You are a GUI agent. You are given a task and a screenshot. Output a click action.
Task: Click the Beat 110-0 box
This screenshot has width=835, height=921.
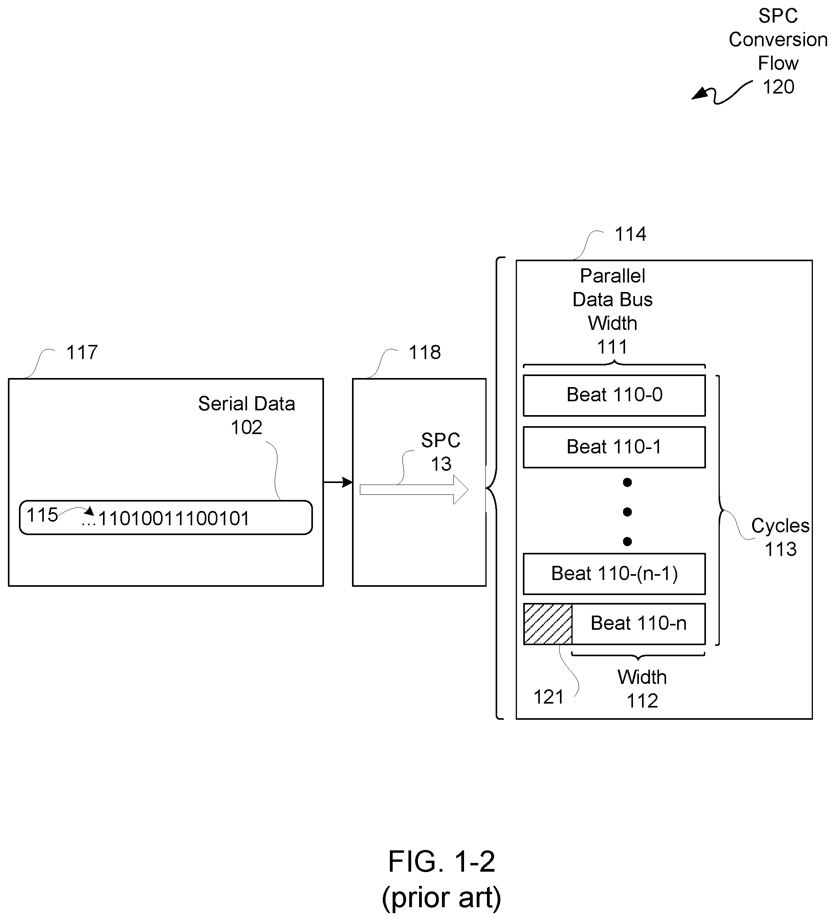pos(614,396)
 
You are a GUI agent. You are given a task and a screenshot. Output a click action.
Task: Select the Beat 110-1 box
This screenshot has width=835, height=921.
pos(614,447)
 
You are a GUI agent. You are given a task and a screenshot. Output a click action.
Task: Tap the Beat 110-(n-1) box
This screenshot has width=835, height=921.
pos(614,574)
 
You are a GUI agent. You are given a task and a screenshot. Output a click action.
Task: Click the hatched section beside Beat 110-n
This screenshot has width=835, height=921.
pos(548,624)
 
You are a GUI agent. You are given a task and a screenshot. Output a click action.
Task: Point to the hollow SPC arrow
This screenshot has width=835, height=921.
pos(414,490)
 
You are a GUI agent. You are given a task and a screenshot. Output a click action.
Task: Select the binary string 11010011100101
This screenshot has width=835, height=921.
pos(174,519)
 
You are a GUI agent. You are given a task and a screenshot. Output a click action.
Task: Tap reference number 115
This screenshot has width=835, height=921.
pos(42,515)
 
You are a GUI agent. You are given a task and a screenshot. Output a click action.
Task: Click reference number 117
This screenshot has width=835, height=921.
pos(82,353)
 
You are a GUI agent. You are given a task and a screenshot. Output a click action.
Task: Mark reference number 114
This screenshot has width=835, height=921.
pos(630,234)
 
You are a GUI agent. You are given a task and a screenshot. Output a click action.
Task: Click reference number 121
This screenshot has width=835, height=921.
pos(549,697)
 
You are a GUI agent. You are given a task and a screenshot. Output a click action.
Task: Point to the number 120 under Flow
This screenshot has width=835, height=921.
pos(778,87)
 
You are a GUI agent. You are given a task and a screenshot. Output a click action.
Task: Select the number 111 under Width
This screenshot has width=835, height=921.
pos(612,347)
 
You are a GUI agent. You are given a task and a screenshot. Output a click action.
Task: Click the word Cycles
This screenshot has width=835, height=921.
pos(780,526)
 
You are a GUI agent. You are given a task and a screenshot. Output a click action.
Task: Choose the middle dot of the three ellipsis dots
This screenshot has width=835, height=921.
pos(627,512)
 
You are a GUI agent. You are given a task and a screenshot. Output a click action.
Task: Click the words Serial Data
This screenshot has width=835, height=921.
pos(246,404)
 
